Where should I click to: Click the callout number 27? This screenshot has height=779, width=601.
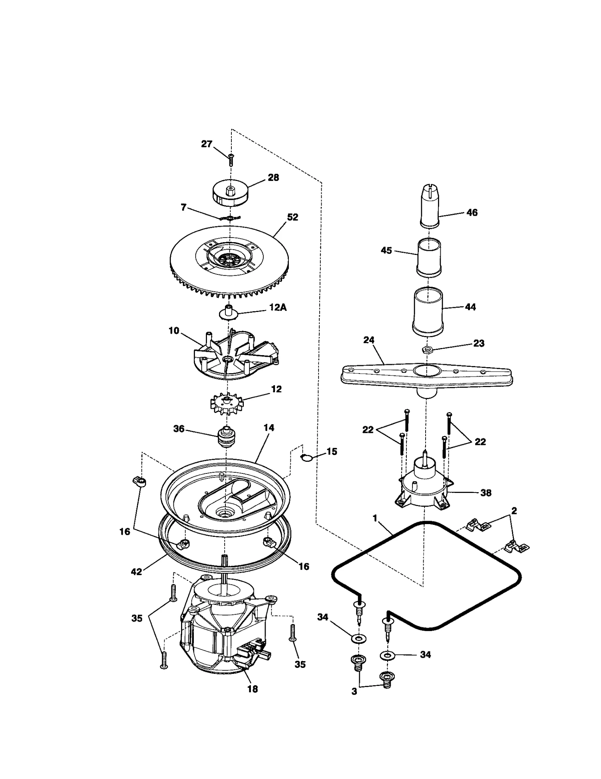[x=207, y=144]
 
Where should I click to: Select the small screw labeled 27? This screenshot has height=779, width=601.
[x=231, y=159]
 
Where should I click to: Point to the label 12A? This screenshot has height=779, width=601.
[x=278, y=307]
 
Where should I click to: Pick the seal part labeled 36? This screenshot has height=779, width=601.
[x=227, y=437]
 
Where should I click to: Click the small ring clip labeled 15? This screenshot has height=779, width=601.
[x=307, y=457]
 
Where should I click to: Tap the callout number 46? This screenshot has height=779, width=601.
[x=472, y=212]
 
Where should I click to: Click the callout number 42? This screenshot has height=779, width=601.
[x=136, y=571]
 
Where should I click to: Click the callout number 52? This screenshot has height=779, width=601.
[x=292, y=217]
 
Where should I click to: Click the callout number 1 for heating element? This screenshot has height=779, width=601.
[x=374, y=518]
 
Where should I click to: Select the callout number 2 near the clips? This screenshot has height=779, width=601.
[x=514, y=511]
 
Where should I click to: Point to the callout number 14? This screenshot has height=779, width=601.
[x=269, y=428]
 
